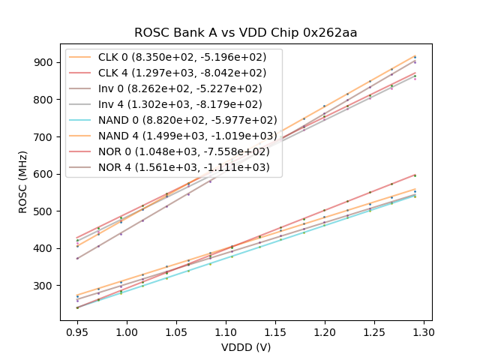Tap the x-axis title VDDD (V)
point(246,347)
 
